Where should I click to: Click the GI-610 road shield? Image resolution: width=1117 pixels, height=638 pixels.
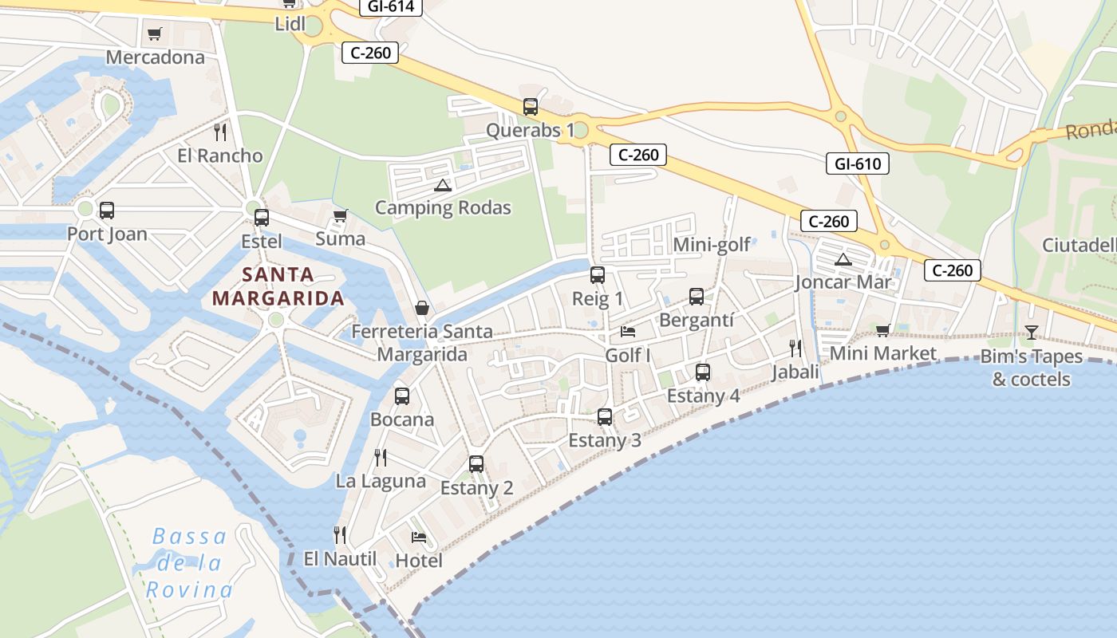(x=858, y=164)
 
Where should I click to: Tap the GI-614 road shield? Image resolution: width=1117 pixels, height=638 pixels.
(x=390, y=6)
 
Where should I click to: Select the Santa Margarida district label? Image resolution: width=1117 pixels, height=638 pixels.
(x=278, y=286)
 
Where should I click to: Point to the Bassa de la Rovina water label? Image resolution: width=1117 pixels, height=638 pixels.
(x=190, y=563)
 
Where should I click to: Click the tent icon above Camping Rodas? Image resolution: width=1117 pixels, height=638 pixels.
(x=443, y=185)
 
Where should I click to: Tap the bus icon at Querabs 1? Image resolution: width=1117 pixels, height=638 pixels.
(x=531, y=107)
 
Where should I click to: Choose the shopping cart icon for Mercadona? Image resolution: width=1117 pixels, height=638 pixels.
(x=155, y=34)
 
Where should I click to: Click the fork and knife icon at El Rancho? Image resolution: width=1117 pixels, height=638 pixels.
(x=220, y=132)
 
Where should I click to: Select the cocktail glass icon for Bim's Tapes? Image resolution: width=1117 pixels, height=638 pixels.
(x=1032, y=333)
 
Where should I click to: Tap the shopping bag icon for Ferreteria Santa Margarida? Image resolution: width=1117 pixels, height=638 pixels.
(x=422, y=308)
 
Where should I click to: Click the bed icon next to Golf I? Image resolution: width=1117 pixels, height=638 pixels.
(x=628, y=331)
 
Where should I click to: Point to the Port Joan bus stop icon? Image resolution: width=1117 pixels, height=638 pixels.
(x=107, y=211)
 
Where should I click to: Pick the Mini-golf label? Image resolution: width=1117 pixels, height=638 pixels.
(x=712, y=244)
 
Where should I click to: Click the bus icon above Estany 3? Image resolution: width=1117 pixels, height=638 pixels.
(x=605, y=416)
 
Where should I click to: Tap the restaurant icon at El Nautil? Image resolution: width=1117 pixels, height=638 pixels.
(x=340, y=534)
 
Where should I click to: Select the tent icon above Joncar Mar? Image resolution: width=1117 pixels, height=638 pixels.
(x=843, y=259)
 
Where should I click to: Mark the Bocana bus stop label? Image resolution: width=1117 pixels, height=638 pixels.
(x=402, y=419)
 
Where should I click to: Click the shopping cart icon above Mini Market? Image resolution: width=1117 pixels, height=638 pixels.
(x=882, y=330)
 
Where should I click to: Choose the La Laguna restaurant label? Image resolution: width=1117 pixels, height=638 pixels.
(x=381, y=481)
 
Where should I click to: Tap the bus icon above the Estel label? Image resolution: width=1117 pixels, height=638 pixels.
(x=262, y=218)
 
